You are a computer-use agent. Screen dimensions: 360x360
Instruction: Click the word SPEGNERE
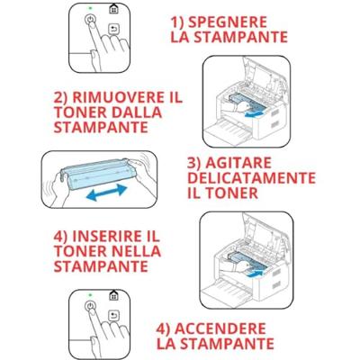(228, 22)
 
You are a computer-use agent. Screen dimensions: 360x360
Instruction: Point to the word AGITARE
(238, 163)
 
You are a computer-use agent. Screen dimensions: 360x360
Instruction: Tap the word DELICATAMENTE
(251, 178)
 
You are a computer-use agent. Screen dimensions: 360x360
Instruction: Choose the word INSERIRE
(107, 237)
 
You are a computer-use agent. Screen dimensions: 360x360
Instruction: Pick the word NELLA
(136, 251)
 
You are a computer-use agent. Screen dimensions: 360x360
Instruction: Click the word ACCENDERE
(220, 328)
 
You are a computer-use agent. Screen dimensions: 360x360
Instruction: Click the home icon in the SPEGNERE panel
(113, 9)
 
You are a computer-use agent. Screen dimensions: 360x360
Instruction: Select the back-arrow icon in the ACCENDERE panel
(113, 316)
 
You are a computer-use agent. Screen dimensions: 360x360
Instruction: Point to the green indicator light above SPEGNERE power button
(90, 7)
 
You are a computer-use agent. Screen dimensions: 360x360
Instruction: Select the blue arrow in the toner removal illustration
(255, 113)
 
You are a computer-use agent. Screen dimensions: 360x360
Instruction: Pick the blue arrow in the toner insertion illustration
(255, 273)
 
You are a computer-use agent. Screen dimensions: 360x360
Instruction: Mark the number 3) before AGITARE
(195, 163)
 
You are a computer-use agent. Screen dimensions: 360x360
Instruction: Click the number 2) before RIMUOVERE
(61, 98)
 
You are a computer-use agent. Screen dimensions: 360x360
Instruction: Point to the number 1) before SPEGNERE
(177, 22)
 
